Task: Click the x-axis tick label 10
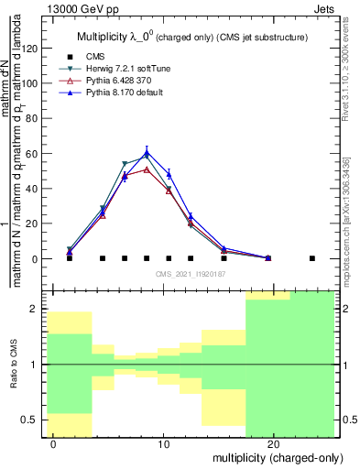(164, 443)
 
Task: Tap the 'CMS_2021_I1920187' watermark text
(189, 273)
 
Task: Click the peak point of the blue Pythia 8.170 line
(147, 152)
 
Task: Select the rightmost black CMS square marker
(312, 258)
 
